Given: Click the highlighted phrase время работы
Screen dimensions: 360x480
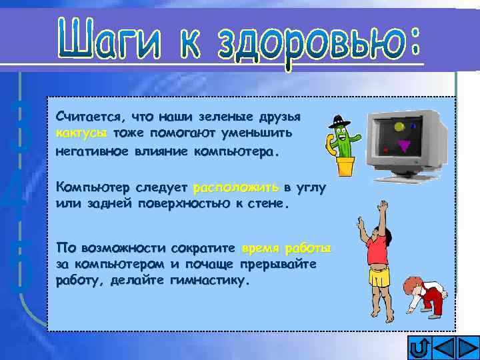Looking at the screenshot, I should point(287,249).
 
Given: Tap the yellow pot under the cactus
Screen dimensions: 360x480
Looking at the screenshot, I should point(345,166).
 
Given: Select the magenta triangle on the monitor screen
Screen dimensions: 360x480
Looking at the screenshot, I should point(404,145).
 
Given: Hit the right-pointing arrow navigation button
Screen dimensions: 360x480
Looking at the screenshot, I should point(467,348).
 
